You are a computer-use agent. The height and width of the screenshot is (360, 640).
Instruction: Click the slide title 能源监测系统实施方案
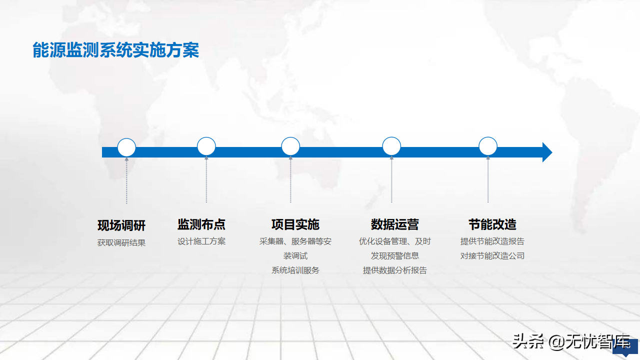click(115, 50)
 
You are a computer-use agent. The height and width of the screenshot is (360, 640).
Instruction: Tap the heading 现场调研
click(121, 225)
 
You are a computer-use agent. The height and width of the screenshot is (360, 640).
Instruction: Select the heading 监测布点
click(201, 224)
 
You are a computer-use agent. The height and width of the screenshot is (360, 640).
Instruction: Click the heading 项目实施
click(295, 224)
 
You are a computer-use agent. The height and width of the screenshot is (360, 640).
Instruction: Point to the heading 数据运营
click(395, 224)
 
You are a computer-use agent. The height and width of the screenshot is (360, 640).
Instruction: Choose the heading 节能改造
click(492, 224)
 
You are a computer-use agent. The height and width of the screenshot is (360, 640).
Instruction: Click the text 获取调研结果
click(121, 242)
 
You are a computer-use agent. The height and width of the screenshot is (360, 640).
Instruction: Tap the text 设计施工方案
click(201, 241)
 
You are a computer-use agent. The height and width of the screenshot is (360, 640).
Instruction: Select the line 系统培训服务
click(295, 270)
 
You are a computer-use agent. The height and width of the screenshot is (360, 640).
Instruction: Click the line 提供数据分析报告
click(395, 270)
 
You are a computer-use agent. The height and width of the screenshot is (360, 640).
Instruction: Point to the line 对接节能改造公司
click(492, 255)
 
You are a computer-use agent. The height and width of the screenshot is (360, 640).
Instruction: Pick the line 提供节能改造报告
click(492, 241)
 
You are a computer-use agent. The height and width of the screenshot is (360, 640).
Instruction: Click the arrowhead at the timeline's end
click(552, 152)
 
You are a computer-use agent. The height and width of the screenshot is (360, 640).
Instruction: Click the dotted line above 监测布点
click(206, 179)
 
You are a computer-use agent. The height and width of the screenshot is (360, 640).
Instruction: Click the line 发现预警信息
click(395, 255)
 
